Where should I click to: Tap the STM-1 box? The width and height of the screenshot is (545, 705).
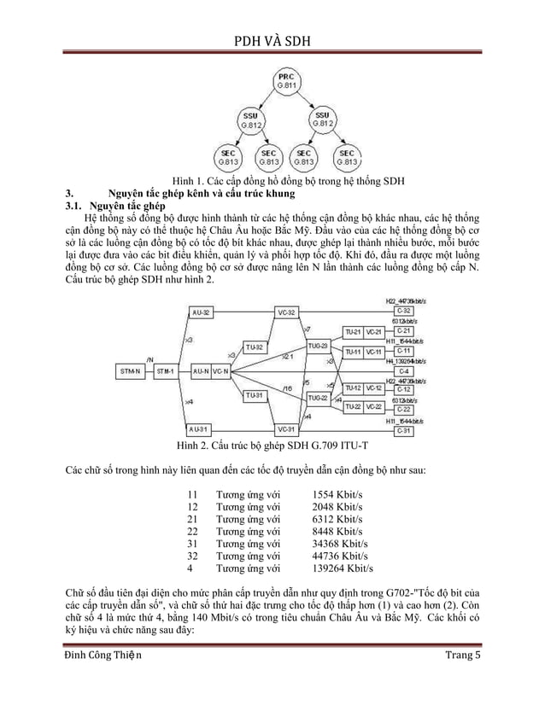[x=166, y=371]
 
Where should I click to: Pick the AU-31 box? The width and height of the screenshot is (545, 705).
[x=202, y=428]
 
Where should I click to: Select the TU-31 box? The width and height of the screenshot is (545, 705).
[x=253, y=395]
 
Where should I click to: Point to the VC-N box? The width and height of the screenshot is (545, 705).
[x=220, y=371]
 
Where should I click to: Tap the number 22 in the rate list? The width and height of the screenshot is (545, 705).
[x=192, y=530]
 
